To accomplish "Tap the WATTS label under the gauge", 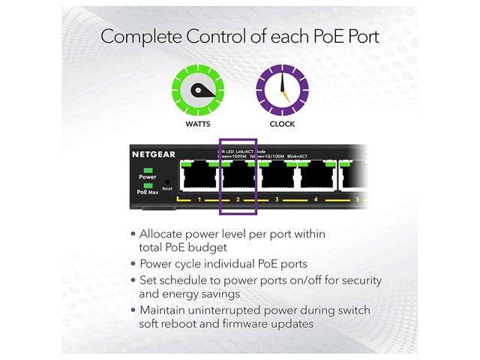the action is pyautogui.click(x=198, y=124).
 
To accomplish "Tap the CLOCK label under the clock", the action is pyautogui.click(x=282, y=124).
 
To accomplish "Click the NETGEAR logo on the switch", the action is pyautogui.click(x=154, y=154).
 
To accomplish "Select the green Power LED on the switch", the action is pyautogui.click(x=148, y=170).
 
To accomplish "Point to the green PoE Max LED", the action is pyautogui.click(x=148, y=185).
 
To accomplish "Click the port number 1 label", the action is pyautogui.click(x=199, y=199).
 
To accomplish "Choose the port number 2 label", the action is pyautogui.click(x=238, y=199).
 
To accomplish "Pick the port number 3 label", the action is pyautogui.click(x=277, y=199).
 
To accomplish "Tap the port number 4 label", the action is pyautogui.click(x=316, y=199).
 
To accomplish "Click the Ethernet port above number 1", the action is pyautogui.click(x=199, y=177).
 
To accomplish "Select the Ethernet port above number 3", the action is pyautogui.click(x=277, y=177).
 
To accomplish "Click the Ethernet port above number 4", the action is pyautogui.click(x=316, y=177).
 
